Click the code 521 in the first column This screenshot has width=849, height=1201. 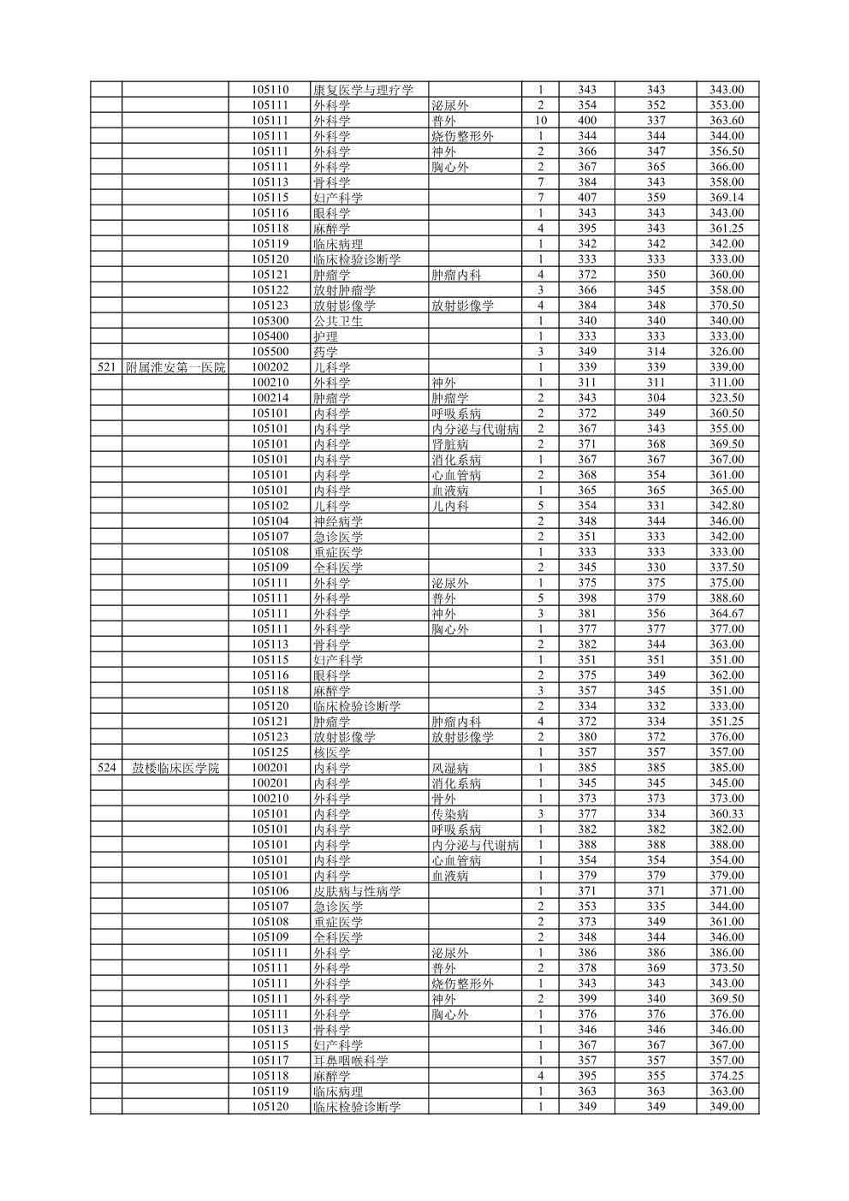click(x=106, y=367)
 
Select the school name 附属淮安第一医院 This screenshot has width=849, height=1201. click(x=175, y=367)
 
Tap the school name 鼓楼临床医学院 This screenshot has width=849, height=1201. click(x=175, y=768)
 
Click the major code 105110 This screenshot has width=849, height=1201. click(x=270, y=90)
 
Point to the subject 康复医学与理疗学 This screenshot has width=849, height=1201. click(x=363, y=90)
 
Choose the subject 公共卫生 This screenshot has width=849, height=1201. click(x=337, y=321)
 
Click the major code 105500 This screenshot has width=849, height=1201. click(x=270, y=352)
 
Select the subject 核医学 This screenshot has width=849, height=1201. click(x=331, y=752)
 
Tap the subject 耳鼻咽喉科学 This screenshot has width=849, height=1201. click(x=350, y=1061)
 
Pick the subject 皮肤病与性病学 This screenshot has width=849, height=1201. click(x=357, y=891)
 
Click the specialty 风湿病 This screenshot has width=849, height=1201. click(x=449, y=768)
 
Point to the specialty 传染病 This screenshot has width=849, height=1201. click(x=449, y=814)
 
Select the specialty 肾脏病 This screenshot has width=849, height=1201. click(x=449, y=444)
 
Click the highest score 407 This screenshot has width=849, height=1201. click(x=587, y=198)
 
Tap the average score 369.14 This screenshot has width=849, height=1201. click(x=727, y=198)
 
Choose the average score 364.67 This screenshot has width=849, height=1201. click(x=727, y=614)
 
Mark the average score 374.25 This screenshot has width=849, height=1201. click(x=727, y=1076)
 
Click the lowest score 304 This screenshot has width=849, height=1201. click(x=656, y=398)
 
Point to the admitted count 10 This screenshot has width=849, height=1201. click(x=540, y=121)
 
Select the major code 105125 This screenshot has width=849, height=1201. click(x=270, y=752)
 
